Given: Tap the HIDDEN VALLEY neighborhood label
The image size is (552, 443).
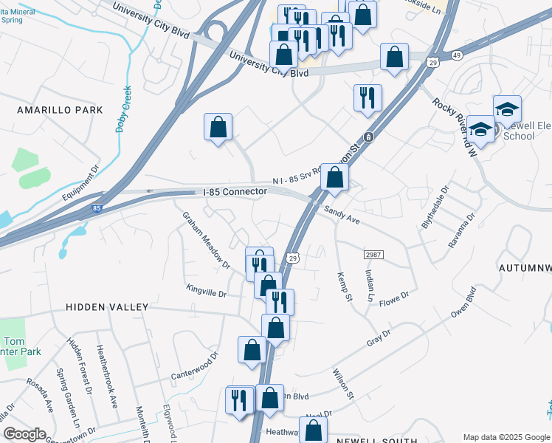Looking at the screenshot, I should click(x=107, y=306).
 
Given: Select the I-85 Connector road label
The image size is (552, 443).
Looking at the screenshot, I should click(x=235, y=192).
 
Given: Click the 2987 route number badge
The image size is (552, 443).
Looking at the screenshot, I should click(x=373, y=254).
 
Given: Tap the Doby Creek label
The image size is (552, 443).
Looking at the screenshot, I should click(x=123, y=109).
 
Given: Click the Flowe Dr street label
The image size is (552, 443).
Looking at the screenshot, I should click(x=395, y=298).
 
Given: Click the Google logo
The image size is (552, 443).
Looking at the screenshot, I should click(x=24, y=434).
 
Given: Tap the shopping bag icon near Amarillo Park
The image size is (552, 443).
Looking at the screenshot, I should click(x=218, y=127).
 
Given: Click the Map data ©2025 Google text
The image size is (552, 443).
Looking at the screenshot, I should click(x=506, y=437).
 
